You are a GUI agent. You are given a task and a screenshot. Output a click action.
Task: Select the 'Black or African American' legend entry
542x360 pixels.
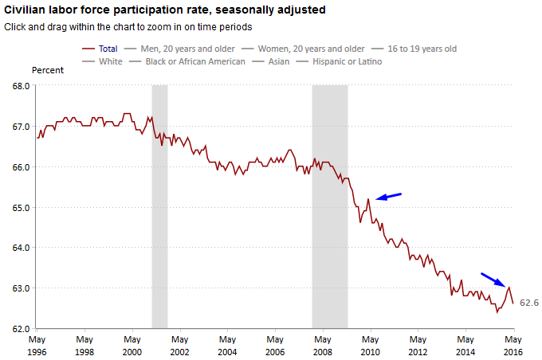(195, 61)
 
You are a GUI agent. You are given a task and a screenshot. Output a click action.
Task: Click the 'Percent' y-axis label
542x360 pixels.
(48, 70)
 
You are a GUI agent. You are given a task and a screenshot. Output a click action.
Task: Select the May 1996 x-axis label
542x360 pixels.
(37, 345)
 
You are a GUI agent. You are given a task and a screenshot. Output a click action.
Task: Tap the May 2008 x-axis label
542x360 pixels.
(323, 345)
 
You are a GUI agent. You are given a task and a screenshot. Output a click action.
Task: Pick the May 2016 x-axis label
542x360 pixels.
(513, 345)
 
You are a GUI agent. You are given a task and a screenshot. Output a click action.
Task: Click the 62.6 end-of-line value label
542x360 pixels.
(529, 303)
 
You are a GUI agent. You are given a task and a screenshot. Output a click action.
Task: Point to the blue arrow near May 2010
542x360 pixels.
(388, 196)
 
